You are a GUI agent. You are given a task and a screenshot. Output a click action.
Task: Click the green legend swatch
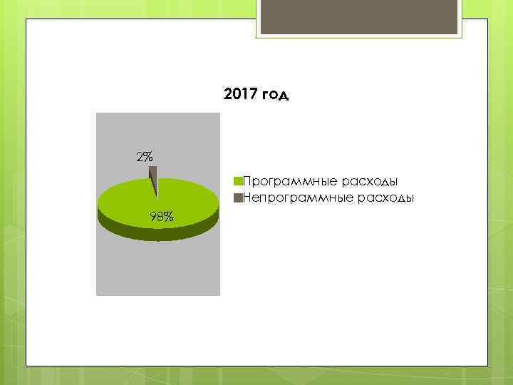click(239, 180)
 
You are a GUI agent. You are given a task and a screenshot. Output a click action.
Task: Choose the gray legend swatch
click(239, 196)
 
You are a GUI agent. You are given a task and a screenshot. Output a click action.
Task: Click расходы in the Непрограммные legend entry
click(388, 197)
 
